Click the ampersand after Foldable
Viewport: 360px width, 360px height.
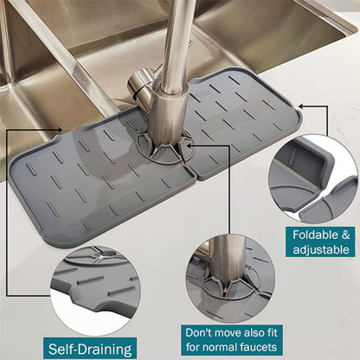344,235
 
